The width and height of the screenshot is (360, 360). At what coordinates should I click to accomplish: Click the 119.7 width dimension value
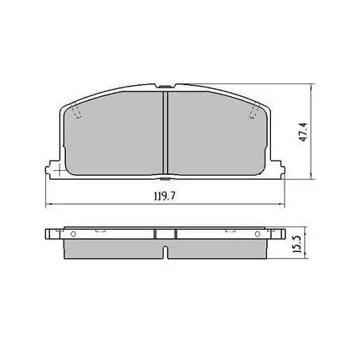pyautogui.click(x=165, y=196)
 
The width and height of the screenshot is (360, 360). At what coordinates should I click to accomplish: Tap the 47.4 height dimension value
pyautogui.click(x=304, y=132)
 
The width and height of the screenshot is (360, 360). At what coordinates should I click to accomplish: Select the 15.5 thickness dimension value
pyautogui.click(x=298, y=244)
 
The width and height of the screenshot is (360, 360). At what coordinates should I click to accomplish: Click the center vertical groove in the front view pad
pyautogui.click(x=165, y=133)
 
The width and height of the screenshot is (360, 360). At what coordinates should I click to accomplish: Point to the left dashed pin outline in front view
pyautogui.click(x=76, y=112)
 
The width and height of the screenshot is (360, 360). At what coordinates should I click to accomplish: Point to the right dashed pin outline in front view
pyautogui.click(x=254, y=112)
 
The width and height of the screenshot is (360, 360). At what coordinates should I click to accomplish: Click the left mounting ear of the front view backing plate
pyautogui.click(x=53, y=169)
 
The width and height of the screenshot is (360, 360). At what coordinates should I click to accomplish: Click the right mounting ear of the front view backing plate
pyautogui.click(x=277, y=169)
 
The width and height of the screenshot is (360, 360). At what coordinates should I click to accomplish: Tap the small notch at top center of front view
pyautogui.click(x=165, y=86)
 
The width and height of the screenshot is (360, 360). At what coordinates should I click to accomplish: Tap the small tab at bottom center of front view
pyautogui.click(x=165, y=179)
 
